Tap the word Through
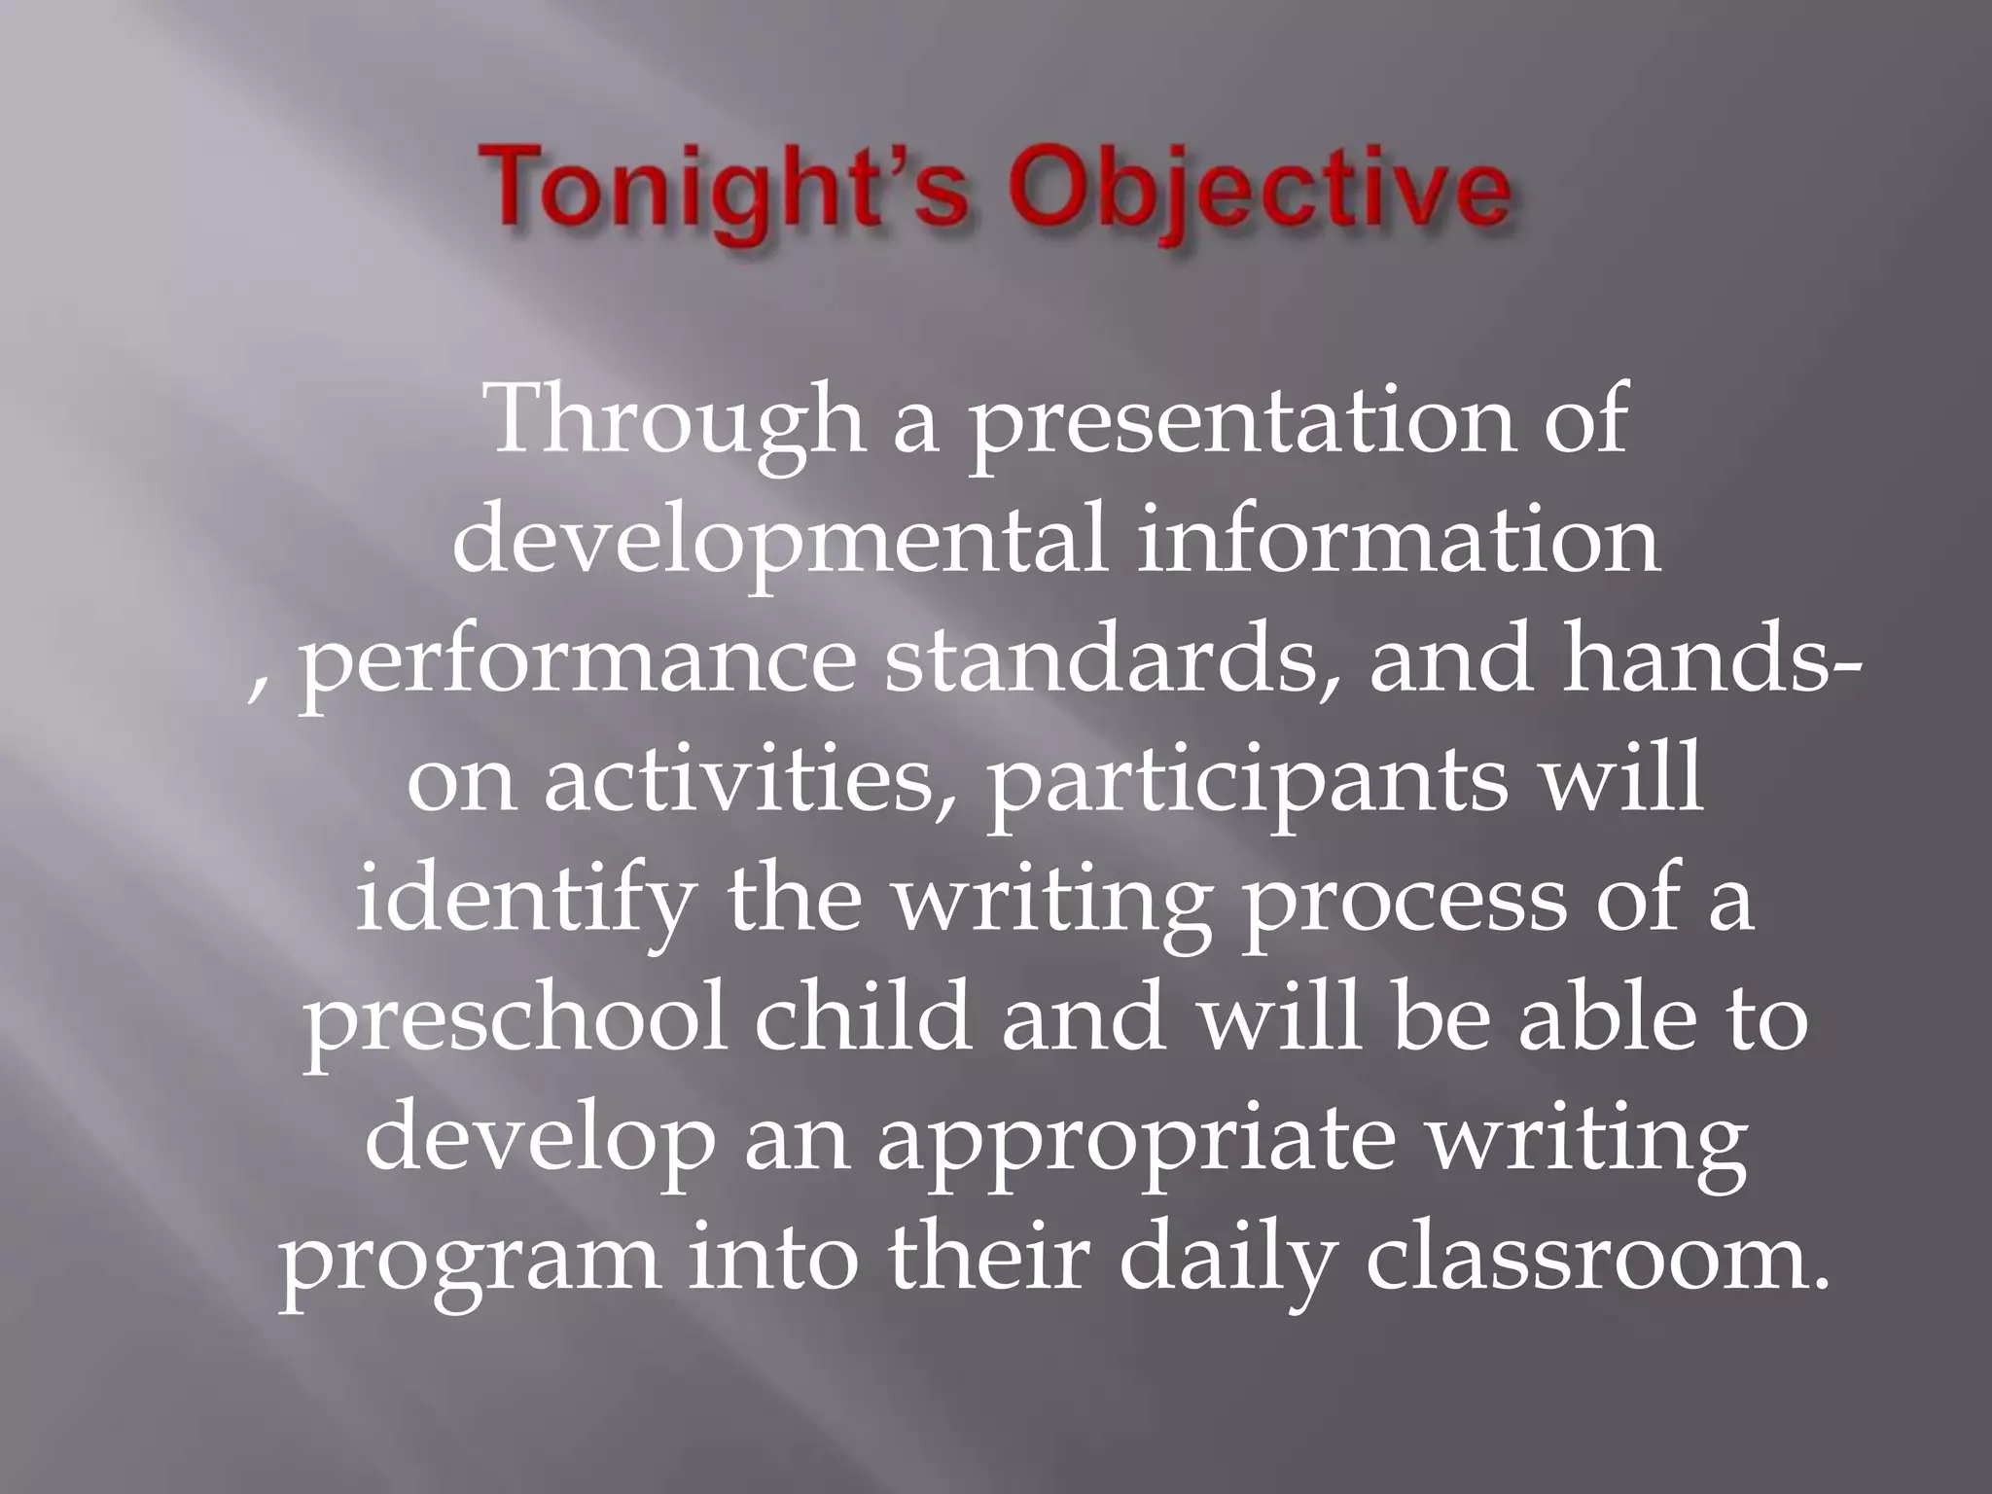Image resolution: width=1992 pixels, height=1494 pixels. pos(677,422)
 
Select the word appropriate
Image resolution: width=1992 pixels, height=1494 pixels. pos(1134,1143)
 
